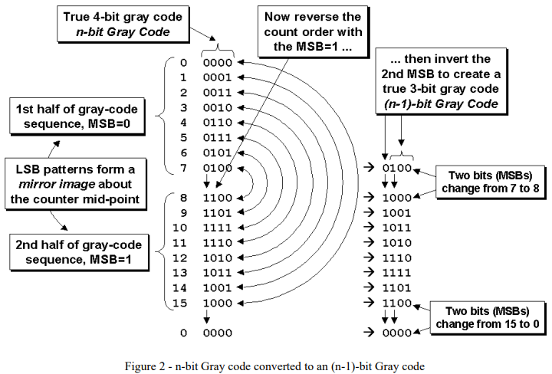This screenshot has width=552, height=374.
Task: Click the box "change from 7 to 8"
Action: pos(490,182)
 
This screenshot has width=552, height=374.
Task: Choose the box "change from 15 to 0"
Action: pos(490,317)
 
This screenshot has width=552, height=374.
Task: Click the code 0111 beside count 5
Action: pos(219,138)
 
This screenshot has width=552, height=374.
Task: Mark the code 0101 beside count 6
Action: pos(219,153)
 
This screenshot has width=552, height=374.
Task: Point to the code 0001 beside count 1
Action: pos(219,77)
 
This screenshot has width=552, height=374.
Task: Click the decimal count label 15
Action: pos(182,303)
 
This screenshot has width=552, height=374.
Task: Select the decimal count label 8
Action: pos(184,196)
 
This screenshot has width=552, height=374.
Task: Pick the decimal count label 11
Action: pos(182,241)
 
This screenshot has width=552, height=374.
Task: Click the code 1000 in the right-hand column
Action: pos(399,196)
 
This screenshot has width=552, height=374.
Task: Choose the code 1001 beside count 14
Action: pos(219,287)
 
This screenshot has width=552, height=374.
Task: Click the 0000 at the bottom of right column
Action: pos(399,333)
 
